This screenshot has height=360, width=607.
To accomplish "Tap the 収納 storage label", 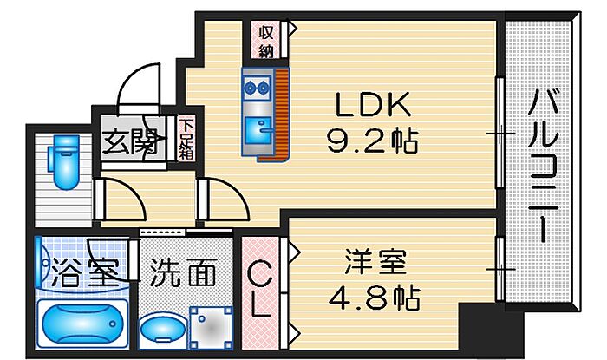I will (264, 40).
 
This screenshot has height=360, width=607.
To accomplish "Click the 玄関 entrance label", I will (130, 141).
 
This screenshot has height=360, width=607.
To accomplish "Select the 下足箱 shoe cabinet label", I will (186, 140).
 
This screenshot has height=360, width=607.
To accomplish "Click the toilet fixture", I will (63, 162).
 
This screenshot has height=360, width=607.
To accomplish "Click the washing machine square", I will (210, 328).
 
